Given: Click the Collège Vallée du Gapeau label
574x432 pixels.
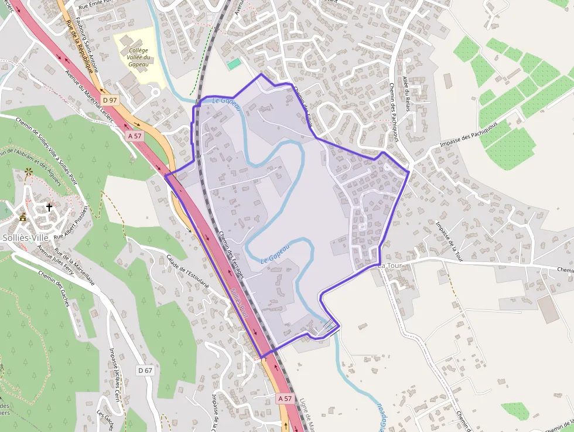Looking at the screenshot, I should (139, 57).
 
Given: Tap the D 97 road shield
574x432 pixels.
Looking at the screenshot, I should (110, 100).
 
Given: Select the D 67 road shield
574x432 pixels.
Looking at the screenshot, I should (145, 370).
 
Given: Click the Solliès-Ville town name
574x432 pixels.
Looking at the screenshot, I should (25, 237).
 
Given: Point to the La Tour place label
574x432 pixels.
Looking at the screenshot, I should (389, 266).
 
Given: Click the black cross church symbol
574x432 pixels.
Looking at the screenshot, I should (49, 207).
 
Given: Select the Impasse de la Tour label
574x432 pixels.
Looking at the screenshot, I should (449, 240).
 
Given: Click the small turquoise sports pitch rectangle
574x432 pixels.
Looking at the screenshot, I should (234, 63).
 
